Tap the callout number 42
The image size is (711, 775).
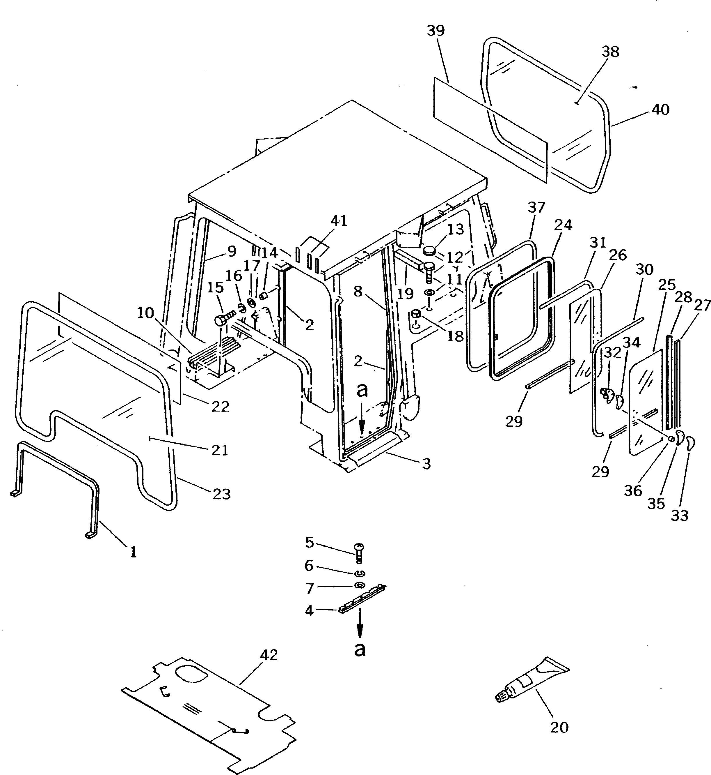pos(269,655)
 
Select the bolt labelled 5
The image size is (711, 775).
pos(360,553)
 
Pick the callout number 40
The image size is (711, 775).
pos(661,110)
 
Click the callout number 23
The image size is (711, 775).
pos(222,494)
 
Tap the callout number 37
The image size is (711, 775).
pos(536,208)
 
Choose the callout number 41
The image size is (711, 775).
pos(339,221)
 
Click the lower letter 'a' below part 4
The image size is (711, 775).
pos(360,649)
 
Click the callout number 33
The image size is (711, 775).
pos(680,516)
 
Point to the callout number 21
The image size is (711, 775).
pos(220,450)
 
